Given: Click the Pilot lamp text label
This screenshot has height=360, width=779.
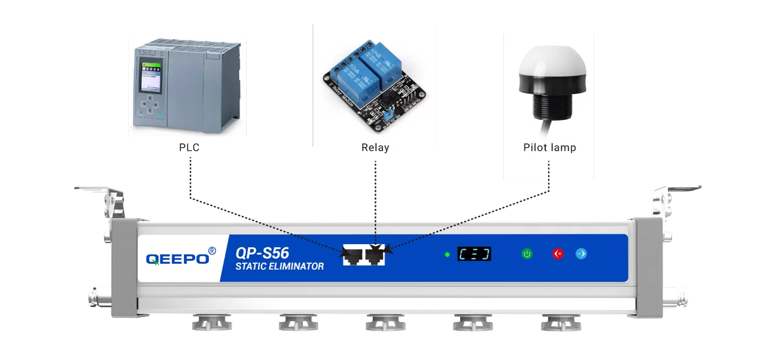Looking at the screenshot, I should (549, 148).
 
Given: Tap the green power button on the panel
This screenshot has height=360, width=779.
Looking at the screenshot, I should (527, 254).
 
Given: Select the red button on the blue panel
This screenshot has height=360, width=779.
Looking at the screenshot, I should (558, 254).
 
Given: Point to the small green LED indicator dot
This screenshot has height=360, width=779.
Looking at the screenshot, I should (447, 255).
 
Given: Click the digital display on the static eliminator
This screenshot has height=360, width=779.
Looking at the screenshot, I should (474, 254).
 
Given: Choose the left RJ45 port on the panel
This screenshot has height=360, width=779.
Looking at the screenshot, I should (353, 255).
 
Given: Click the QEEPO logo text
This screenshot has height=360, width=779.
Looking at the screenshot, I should (177, 259).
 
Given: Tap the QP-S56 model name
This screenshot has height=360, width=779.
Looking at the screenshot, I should (262, 253).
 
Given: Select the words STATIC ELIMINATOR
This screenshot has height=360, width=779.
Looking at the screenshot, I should (279, 267).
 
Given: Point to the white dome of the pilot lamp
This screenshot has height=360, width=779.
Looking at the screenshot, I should (552, 65).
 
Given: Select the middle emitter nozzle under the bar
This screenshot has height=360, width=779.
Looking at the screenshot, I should (385, 323).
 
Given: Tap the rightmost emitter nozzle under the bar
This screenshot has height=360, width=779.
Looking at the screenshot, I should (559, 323).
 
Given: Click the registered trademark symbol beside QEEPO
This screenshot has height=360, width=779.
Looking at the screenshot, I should (212, 251).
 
